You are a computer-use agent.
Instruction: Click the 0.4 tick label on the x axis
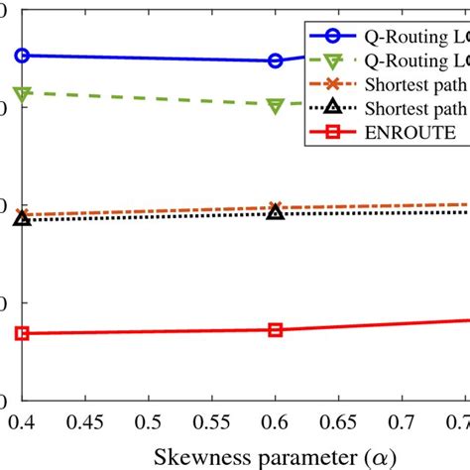coord(20,421)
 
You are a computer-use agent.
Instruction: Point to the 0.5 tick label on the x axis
coord(149,421)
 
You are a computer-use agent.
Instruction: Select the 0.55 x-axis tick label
coord(212,421)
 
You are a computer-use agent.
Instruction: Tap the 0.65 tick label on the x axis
coord(339,421)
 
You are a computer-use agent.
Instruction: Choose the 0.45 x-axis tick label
coord(85,421)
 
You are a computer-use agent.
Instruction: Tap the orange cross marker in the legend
coord(335,84)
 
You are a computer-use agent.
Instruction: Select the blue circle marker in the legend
coord(335,37)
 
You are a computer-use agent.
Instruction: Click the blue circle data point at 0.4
coord(22,56)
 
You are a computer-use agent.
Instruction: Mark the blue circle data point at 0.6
coord(276,60)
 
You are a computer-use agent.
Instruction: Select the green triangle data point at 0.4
coord(22,93)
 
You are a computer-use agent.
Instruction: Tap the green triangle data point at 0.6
coord(276,105)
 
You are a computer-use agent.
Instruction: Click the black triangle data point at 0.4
coord(22,217)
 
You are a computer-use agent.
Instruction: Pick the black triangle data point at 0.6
coord(276,211)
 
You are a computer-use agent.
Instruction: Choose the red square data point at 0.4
coord(22,333)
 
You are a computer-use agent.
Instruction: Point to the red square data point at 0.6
coord(276,329)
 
